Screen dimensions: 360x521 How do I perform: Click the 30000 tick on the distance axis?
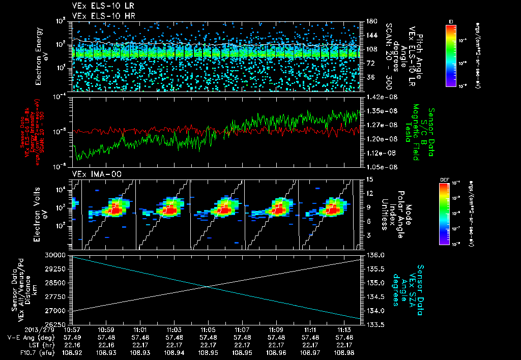[x=55, y=255]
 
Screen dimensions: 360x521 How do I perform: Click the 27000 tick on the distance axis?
[x=55, y=310]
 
